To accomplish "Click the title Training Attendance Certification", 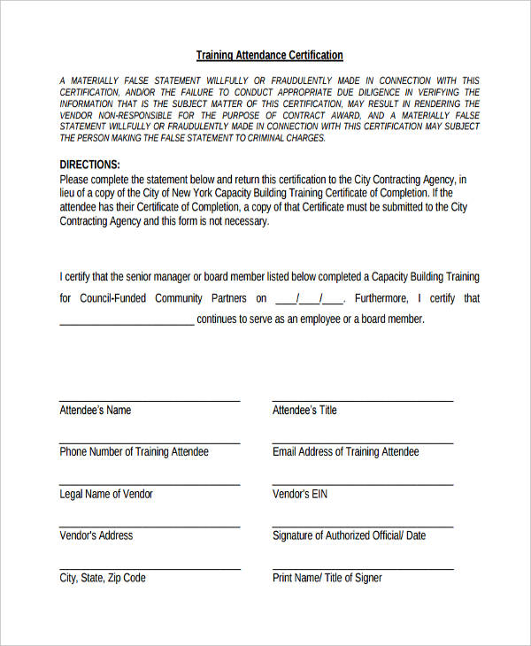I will [x=269, y=55].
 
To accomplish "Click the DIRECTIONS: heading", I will [x=89, y=165].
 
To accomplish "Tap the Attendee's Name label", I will [x=95, y=410].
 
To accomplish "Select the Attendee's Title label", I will [x=304, y=410].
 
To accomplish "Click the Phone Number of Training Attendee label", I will [x=134, y=451].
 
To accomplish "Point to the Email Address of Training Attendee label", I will [x=345, y=451].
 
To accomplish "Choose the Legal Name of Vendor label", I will [x=105, y=494].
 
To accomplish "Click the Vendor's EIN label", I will [x=299, y=494].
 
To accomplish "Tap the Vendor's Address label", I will [x=96, y=535].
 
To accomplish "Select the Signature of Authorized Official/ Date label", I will [x=349, y=535].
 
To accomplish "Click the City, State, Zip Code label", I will [x=102, y=578].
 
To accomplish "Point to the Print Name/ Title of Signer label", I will [x=327, y=578].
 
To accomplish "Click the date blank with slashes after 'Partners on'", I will [x=309, y=299].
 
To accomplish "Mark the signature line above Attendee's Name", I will [x=150, y=401].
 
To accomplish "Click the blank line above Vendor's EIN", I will [x=362, y=484].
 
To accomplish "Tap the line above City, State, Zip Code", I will [x=150, y=568].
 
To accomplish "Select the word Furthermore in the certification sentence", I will [x=380, y=298].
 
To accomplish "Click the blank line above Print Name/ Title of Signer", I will [x=362, y=568].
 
